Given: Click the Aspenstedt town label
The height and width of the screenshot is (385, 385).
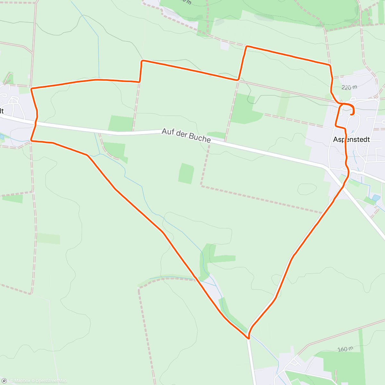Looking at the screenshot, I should tap(351, 139).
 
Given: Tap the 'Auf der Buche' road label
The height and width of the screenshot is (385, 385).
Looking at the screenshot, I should tap(186, 135).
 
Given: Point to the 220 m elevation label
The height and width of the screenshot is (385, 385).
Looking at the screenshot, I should tap(349, 87).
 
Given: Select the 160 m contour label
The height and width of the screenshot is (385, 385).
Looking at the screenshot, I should tap(345, 349).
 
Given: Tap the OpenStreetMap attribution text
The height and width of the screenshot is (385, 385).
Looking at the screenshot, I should tap(51, 381).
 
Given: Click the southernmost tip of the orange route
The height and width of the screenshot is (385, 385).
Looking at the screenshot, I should tap(248, 338).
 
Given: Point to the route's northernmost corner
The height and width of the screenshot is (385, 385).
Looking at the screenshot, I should tap(246, 47).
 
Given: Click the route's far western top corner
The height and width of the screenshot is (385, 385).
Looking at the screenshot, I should tap(31, 88).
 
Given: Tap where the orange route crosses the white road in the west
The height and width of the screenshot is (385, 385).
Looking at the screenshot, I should tap(35, 122).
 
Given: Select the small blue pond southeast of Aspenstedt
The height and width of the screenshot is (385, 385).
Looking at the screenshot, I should tap(376, 198).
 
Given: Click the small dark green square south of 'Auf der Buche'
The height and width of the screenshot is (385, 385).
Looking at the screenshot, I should tap(186, 174).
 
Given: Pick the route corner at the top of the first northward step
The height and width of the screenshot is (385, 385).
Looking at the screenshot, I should tap(142, 60).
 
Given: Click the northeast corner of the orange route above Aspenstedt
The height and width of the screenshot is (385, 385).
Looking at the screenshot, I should tap(330, 65).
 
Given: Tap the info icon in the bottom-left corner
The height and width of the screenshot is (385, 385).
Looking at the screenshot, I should tap(4, 381).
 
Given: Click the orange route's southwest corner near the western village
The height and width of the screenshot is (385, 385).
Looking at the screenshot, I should tap(31, 140).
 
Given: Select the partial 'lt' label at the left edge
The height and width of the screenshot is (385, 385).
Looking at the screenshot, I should tap(2, 111).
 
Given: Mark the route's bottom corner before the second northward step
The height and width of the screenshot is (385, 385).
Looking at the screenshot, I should tap(238, 79).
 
